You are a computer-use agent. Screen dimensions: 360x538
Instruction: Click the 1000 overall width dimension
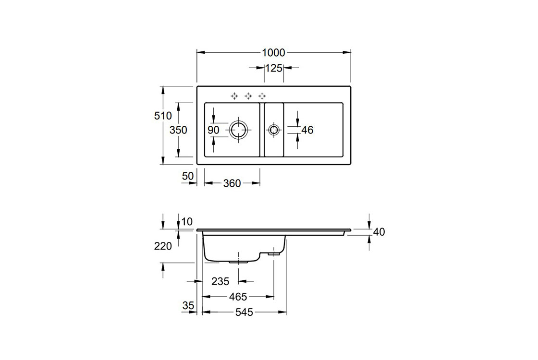click(x=273, y=53)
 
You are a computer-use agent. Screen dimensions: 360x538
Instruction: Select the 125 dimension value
click(x=273, y=68)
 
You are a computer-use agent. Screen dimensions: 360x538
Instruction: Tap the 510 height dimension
click(x=163, y=116)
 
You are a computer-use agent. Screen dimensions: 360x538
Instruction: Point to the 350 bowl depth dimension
click(x=178, y=130)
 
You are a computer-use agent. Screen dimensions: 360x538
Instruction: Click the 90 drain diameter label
click(x=214, y=130)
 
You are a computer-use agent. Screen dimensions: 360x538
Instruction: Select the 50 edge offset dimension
click(x=188, y=176)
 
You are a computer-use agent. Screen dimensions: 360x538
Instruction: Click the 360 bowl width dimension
click(x=232, y=183)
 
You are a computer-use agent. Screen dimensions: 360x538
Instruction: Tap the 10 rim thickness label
click(x=187, y=221)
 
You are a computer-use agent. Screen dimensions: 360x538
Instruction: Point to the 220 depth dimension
click(x=163, y=246)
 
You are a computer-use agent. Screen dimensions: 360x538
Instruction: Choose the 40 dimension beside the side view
click(x=379, y=232)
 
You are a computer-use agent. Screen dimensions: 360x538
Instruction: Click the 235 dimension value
click(x=220, y=281)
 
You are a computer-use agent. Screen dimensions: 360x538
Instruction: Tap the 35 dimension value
click(x=188, y=305)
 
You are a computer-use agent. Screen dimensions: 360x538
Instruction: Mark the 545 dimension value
click(x=244, y=312)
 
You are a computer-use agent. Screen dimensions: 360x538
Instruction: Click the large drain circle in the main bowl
click(x=238, y=130)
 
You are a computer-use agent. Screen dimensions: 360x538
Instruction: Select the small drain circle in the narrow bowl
click(x=274, y=130)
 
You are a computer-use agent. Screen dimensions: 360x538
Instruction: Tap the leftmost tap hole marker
click(x=234, y=96)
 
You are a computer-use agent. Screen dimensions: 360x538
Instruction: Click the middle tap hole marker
click(x=248, y=96)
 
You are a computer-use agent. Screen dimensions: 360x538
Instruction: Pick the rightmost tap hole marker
click(x=262, y=96)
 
